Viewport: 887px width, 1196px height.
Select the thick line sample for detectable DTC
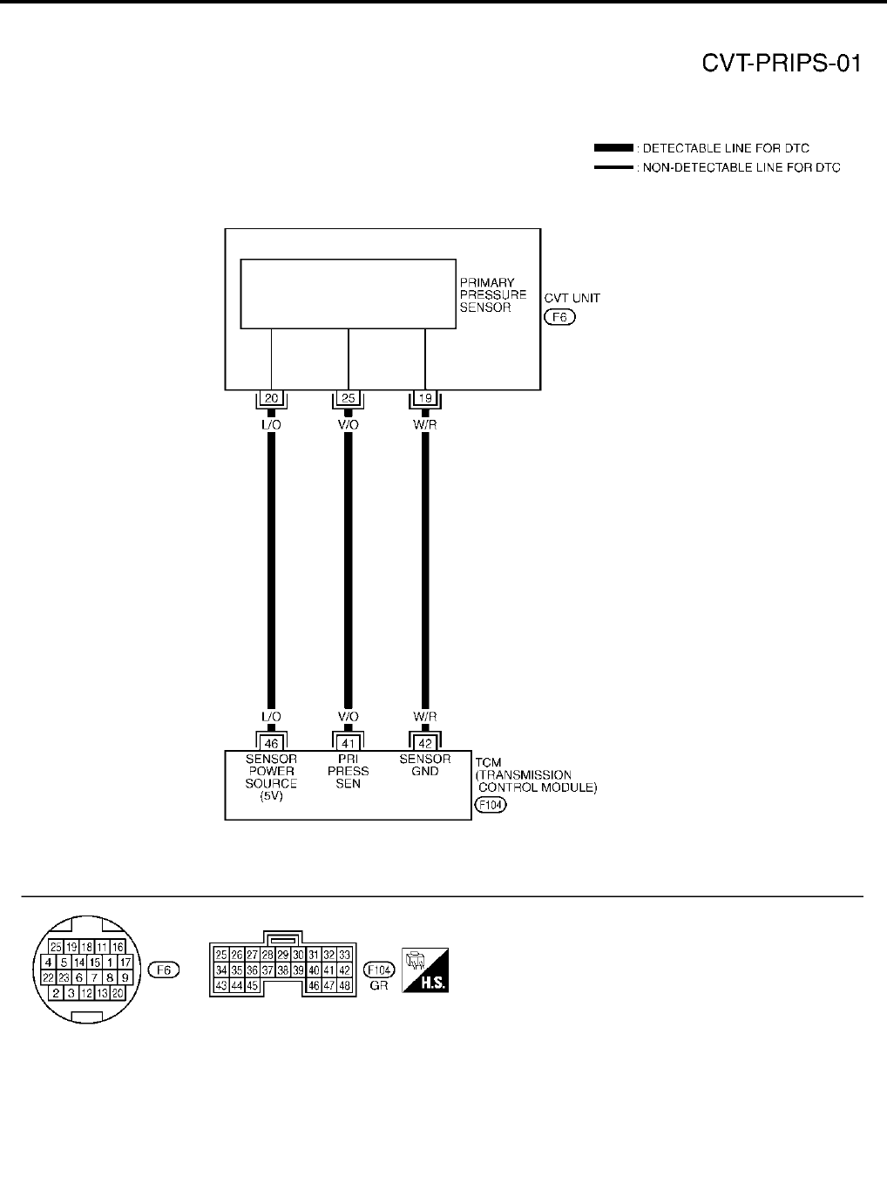(613, 148)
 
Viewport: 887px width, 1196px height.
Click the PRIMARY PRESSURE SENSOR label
(492, 295)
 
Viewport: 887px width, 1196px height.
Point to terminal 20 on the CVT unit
(271, 399)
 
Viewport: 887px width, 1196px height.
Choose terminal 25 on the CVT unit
(348, 399)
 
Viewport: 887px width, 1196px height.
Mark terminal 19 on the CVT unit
(425, 399)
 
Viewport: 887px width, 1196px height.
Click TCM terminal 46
(271, 743)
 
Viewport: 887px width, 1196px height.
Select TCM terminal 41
(348, 743)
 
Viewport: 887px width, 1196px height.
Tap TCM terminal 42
(425, 743)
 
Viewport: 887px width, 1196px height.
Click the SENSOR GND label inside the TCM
(425, 765)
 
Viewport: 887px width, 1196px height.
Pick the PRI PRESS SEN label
(348, 771)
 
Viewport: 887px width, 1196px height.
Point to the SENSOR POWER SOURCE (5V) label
(271, 777)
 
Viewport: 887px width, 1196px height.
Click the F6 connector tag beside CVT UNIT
(559, 317)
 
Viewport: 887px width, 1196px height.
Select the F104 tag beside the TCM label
(491, 806)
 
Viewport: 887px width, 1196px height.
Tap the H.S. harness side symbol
(424, 970)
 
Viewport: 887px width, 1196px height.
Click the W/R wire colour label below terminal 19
(425, 424)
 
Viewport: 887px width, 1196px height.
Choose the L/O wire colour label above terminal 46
(271, 716)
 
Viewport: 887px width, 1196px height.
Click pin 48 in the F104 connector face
(344, 985)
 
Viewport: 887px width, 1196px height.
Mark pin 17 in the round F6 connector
(125, 963)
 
